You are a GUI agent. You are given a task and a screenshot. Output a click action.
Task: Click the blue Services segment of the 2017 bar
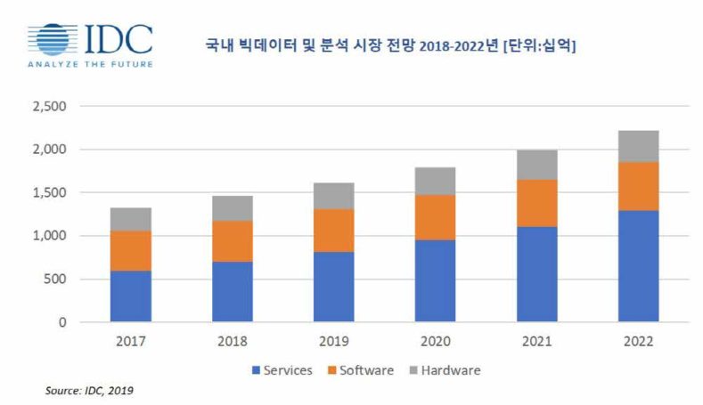pyautogui.click(x=130, y=296)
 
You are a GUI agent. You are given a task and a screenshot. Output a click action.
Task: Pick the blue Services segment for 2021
pyautogui.click(x=538, y=274)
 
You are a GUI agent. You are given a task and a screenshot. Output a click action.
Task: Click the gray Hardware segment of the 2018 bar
pyautogui.click(x=233, y=208)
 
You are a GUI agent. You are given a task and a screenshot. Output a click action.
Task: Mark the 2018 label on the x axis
pyautogui.click(x=233, y=341)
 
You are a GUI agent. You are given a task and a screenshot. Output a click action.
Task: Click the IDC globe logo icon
pyautogui.click(x=54, y=40)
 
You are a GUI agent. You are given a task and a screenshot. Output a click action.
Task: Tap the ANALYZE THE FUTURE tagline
pyautogui.click(x=89, y=64)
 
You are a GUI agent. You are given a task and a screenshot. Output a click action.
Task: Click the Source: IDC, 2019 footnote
pyautogui.click(x=89, y=390)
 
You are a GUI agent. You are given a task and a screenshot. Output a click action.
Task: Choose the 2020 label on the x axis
pyautogui.click(x=437, y=341)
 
